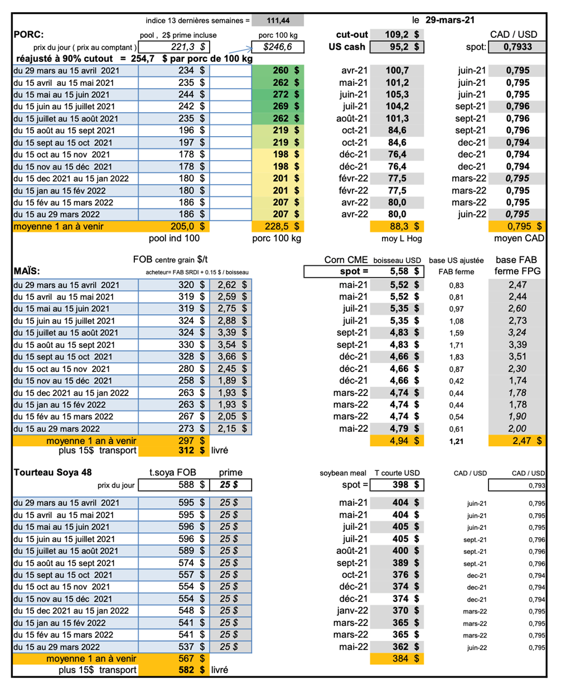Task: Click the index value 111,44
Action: pos(278,21)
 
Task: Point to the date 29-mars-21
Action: pos(449,20)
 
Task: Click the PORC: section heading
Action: pos(28,35)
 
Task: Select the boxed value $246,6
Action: pos(278,47)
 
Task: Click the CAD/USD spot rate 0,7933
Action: pos(517,47)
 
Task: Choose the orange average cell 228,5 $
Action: pos(278,226)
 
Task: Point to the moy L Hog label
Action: pos(401,239)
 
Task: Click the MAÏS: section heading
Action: pos(27,272)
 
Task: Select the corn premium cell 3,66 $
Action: pos(231,356)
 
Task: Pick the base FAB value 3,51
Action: pos(517,356)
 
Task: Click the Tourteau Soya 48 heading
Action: pos(52,472)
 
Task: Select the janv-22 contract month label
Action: pos(352,611)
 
